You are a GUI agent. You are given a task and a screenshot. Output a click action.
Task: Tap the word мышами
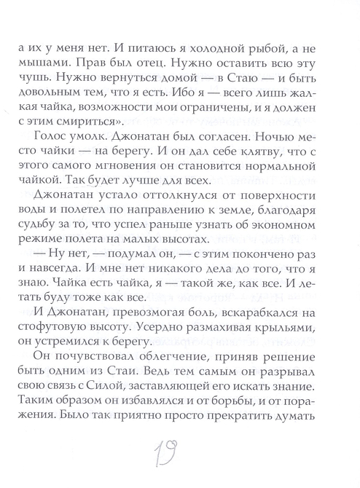click(x=49, y=62)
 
